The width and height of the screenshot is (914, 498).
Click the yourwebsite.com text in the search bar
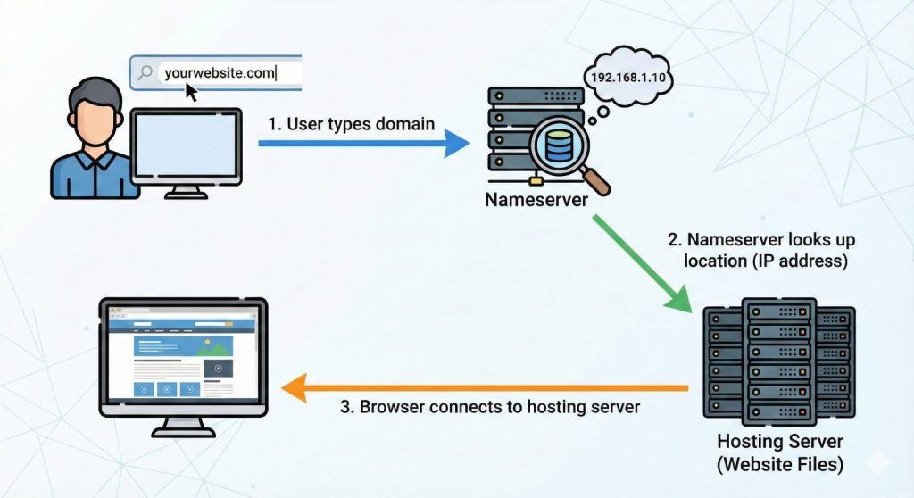coord(220,73)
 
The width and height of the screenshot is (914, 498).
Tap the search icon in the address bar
coord(145,72)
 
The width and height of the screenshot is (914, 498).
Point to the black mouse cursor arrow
coord(191,92)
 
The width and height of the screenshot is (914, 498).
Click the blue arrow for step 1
coord(364,143)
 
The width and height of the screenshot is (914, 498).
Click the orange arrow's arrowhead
coord(295,388)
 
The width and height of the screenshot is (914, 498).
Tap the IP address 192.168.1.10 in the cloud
coord(627,78)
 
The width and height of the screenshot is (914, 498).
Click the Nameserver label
coord(536,200)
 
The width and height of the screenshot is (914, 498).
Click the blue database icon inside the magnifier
coord(559,145)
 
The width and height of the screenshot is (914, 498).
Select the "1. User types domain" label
coord(351,124)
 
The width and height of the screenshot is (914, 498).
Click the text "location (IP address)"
coord(765,261)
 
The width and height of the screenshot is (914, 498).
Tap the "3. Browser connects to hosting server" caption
coord(490,406)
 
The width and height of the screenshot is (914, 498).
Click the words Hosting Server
coord(780,441)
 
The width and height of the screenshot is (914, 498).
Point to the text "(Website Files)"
coord(780,464)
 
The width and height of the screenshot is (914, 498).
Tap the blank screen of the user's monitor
coord(186,145)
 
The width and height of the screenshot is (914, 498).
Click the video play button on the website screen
coord(218,368)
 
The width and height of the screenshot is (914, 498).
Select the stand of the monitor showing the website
coord(184,427)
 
